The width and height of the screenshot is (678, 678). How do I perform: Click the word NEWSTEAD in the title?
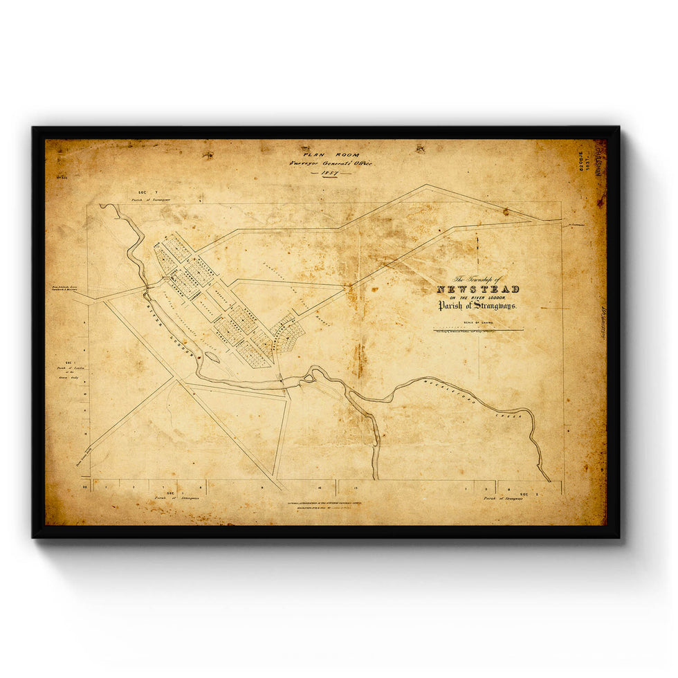[x=477, y=289]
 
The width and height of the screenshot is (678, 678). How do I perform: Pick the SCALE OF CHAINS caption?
[x=477, y=322]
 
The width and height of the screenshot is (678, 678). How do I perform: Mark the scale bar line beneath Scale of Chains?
[x=477, y=330]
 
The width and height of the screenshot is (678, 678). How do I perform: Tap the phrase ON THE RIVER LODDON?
[x=477, y=297]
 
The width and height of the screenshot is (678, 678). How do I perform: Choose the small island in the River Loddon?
[x=212, y=358]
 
